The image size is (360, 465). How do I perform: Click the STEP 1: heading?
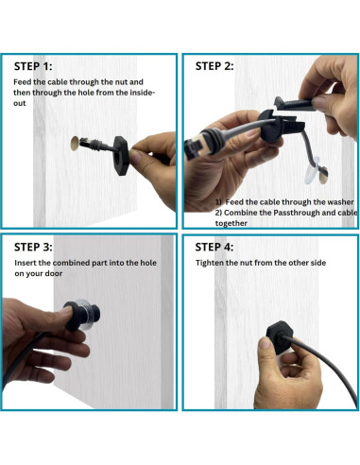click(x=33, y=66)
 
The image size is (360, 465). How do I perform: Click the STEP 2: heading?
click(x=214, y=66)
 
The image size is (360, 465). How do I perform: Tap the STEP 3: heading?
click(x=33, y=247)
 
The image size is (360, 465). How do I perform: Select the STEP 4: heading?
click(x=214, y=247)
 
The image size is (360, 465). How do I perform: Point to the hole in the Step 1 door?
click(x=75, y=144)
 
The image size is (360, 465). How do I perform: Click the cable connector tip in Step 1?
click(x=85, y=143)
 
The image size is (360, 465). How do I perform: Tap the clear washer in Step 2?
click(x=312, y=171)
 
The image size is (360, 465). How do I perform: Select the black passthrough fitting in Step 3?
click(x=81, y=316)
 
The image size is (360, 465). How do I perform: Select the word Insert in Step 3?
click(x=26, y=263)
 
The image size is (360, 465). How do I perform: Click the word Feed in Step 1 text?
click(x=23, y=82)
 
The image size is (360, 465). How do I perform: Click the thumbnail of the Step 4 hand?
click(x=265, y=342)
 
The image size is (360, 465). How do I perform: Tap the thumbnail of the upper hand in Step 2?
click(x=319, y=103)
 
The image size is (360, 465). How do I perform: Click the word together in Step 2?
click(x=231, y=223)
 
